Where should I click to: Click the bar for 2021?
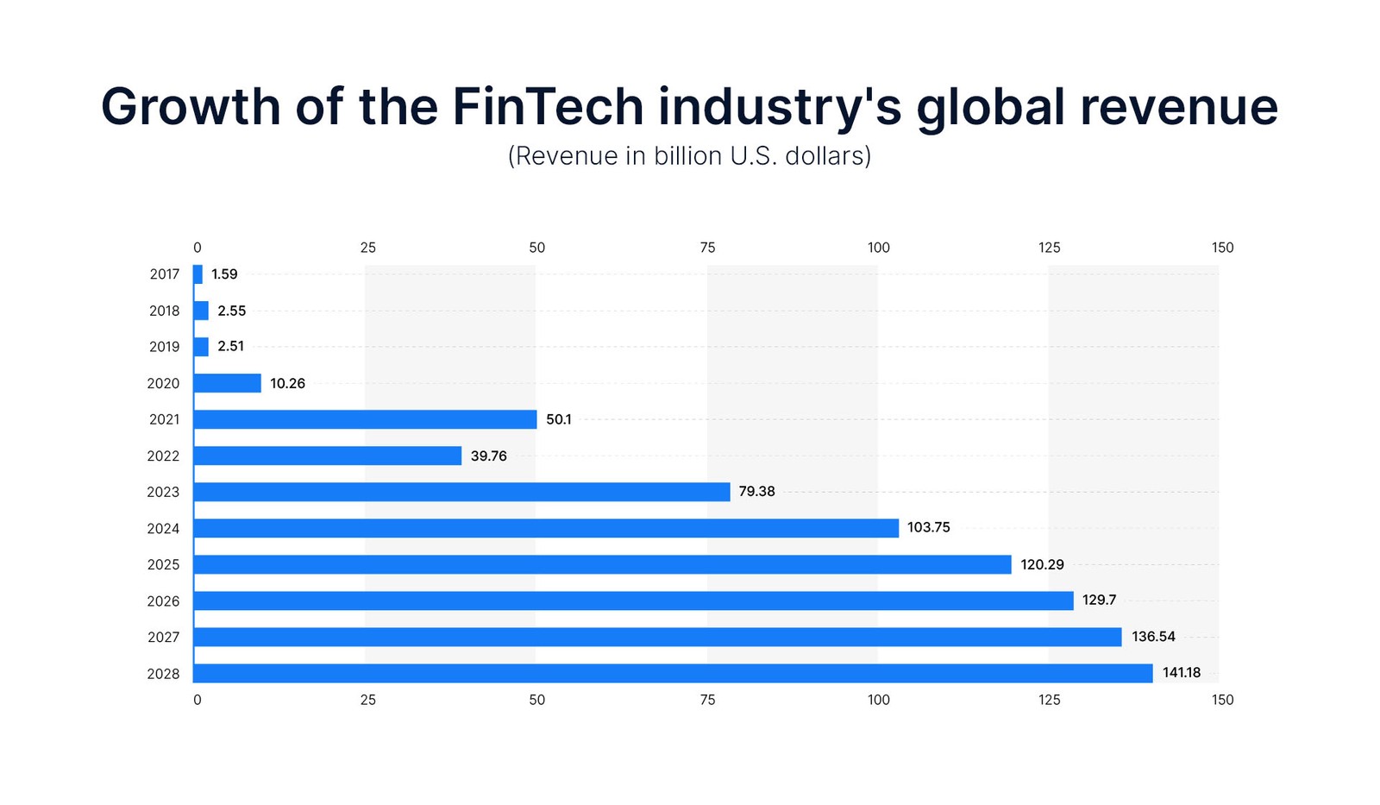point(365,419)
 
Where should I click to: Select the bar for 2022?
point(328,456)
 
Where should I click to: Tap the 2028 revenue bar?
point(673,673)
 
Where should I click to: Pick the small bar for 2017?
point(198,274)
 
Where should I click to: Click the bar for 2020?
point(228,383)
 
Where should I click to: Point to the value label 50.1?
point(559,419)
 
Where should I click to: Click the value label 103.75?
point(928,527)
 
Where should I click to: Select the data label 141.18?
point(1181,673)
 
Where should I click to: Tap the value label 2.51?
point(231,346)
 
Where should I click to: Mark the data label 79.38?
point(756,491)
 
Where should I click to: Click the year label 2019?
point(164,347)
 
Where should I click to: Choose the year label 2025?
point(163,564)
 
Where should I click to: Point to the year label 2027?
point(163,637)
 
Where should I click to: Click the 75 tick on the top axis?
point(707,248)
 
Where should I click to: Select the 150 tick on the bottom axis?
point(1222,700)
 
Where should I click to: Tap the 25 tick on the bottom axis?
point(368,700)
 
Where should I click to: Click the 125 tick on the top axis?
point(1049,248)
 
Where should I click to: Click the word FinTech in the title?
point(548,107)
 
